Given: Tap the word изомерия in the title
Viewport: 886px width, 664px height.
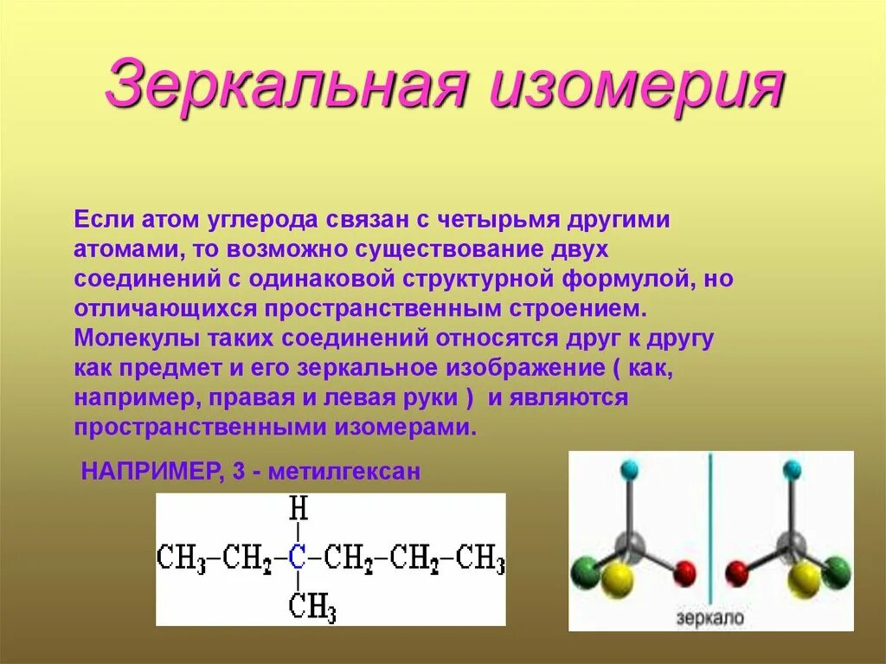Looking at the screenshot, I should click(638, 84).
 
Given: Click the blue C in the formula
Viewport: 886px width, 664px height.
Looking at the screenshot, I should click(298, 558).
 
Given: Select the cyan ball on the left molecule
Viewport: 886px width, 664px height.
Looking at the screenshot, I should click(629, 470).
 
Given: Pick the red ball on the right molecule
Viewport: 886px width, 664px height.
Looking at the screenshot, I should click(738, 571).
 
